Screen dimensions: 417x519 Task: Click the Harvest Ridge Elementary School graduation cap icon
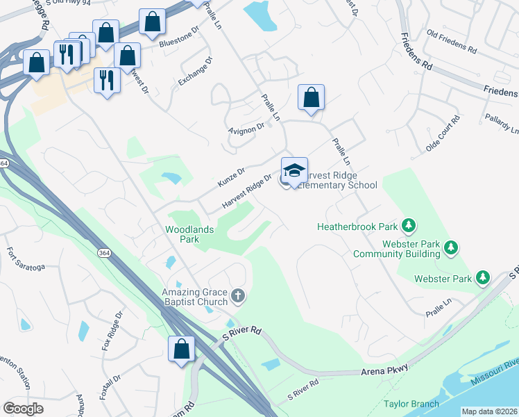pyautogui.click(x=294, y=171)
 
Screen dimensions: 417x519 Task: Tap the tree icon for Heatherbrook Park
pyautogui.click(x=410, y=226)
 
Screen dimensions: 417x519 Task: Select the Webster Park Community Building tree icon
pyautogui.click(x=451, y=247)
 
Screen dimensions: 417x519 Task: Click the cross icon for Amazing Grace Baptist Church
pyautogui.click(x=238, y=296)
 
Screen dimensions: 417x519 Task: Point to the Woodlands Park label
pyautogui.click(x=189, y=234)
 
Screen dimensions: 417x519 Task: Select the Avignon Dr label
pyautogui.click(x=246, y=128)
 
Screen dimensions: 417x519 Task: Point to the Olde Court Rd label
pyautogui.click(x=443, y=134)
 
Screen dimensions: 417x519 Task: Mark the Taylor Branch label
pyautogui.click(x=411, y=404)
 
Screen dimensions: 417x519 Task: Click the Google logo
pyautogui.click(x=23, y=408)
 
